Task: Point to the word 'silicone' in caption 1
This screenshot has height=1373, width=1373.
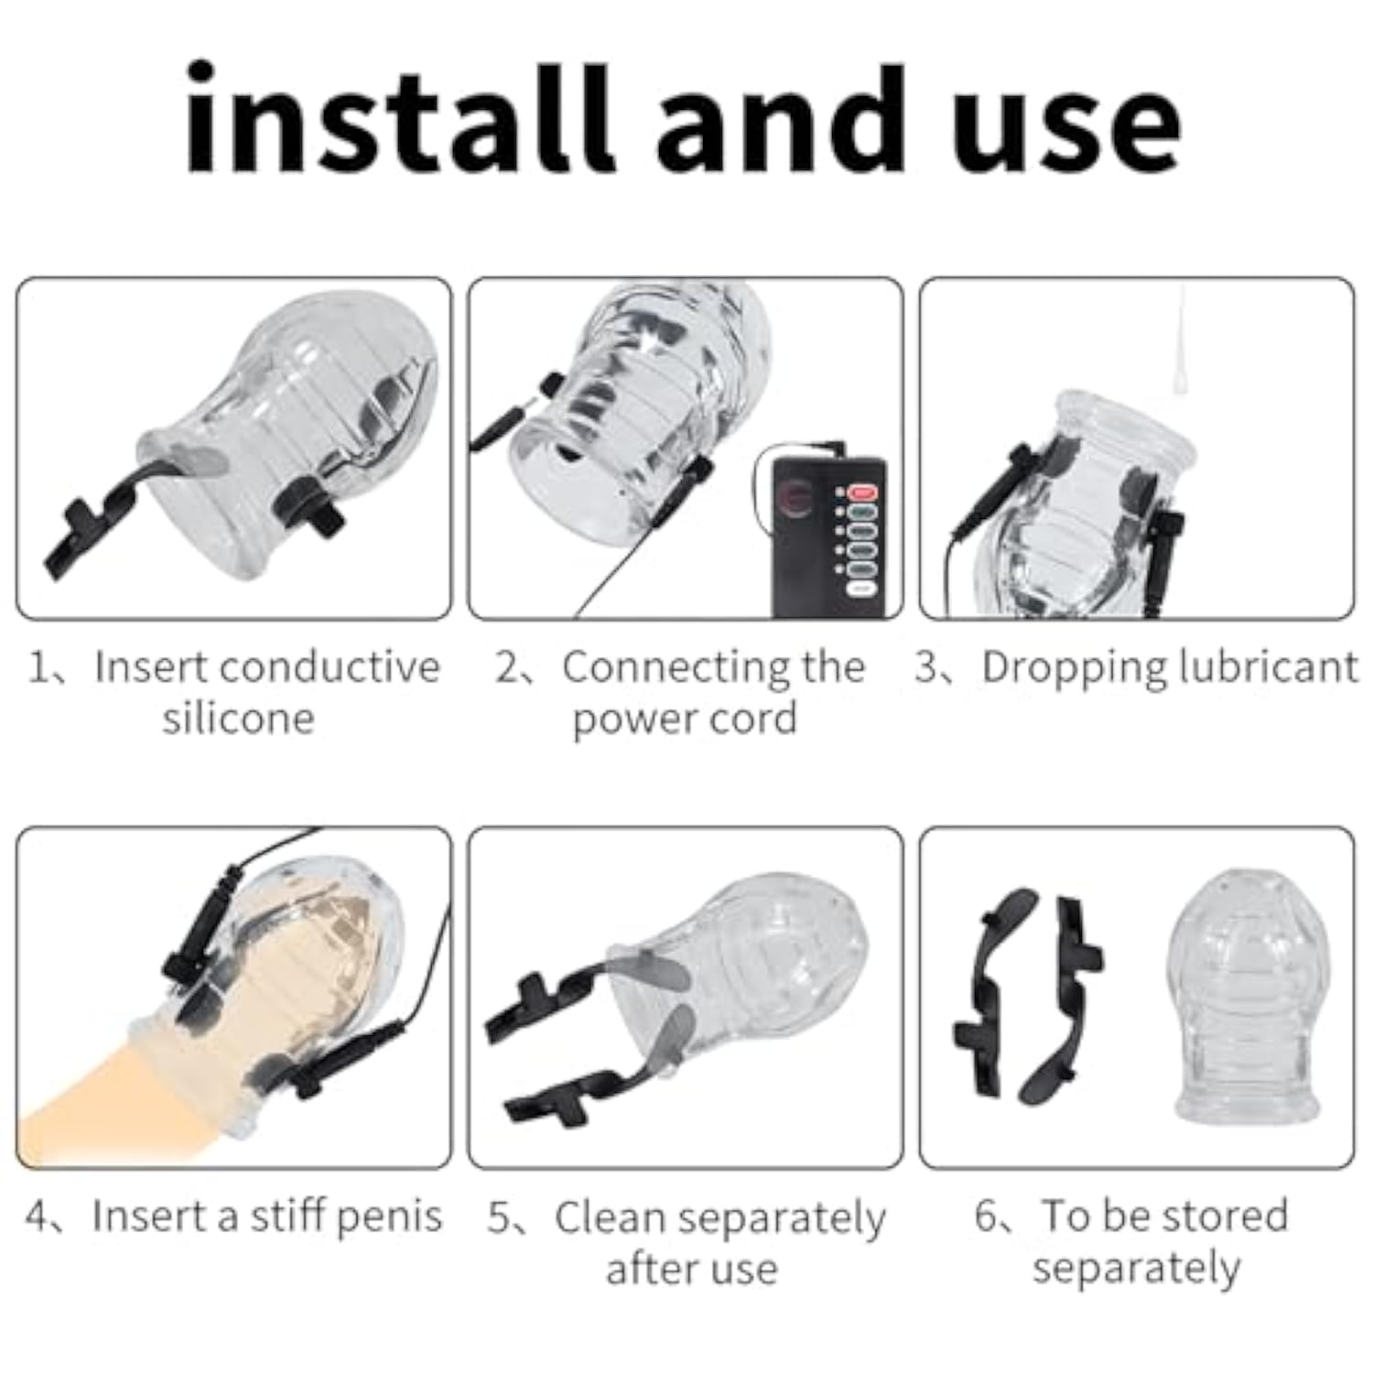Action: click(x=238, y=719)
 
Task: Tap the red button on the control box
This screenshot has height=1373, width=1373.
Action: click(x=863, y=493)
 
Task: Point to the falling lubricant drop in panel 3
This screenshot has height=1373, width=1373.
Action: click(x=1181, y=342)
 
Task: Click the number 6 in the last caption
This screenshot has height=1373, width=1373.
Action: click(x=986, y=1216)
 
